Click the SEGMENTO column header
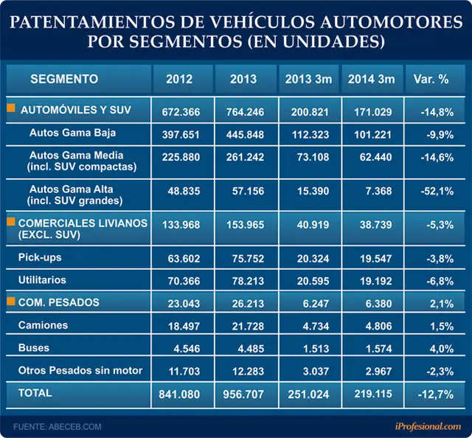[64, 79]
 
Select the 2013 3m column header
[308, 79]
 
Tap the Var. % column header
[431, 79]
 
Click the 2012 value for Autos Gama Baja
[181, 134]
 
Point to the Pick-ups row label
[40, 257]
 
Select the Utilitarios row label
[42, 280]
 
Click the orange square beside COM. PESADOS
[11, 301]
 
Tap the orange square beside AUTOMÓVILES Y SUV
[11, 108]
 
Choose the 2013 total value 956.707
[243, 394]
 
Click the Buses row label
[34, 348]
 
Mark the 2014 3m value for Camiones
[378, 327]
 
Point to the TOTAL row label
[35, 393]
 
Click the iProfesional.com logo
[428, 426]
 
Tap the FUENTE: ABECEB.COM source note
[58, 426]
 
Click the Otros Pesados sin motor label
[80, 370]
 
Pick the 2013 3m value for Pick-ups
[313, 259]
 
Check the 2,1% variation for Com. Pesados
[442, 304]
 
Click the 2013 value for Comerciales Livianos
[246, 225]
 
